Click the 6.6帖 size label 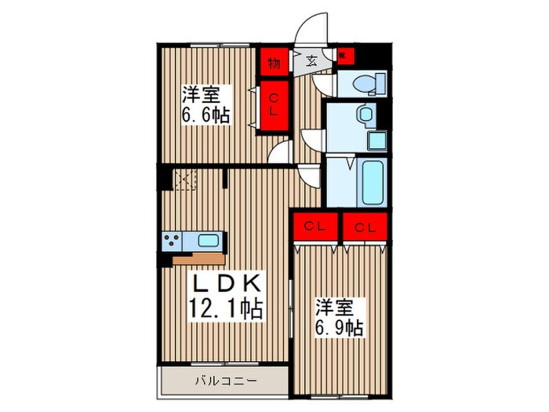(x=206, y=115)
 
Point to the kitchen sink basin (x=209, y=240)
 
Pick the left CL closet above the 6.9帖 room (x=315, y=228)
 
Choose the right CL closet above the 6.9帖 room (x=364, y=228)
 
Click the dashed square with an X (x=184, y=180)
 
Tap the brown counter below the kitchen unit (x=199, y=258)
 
